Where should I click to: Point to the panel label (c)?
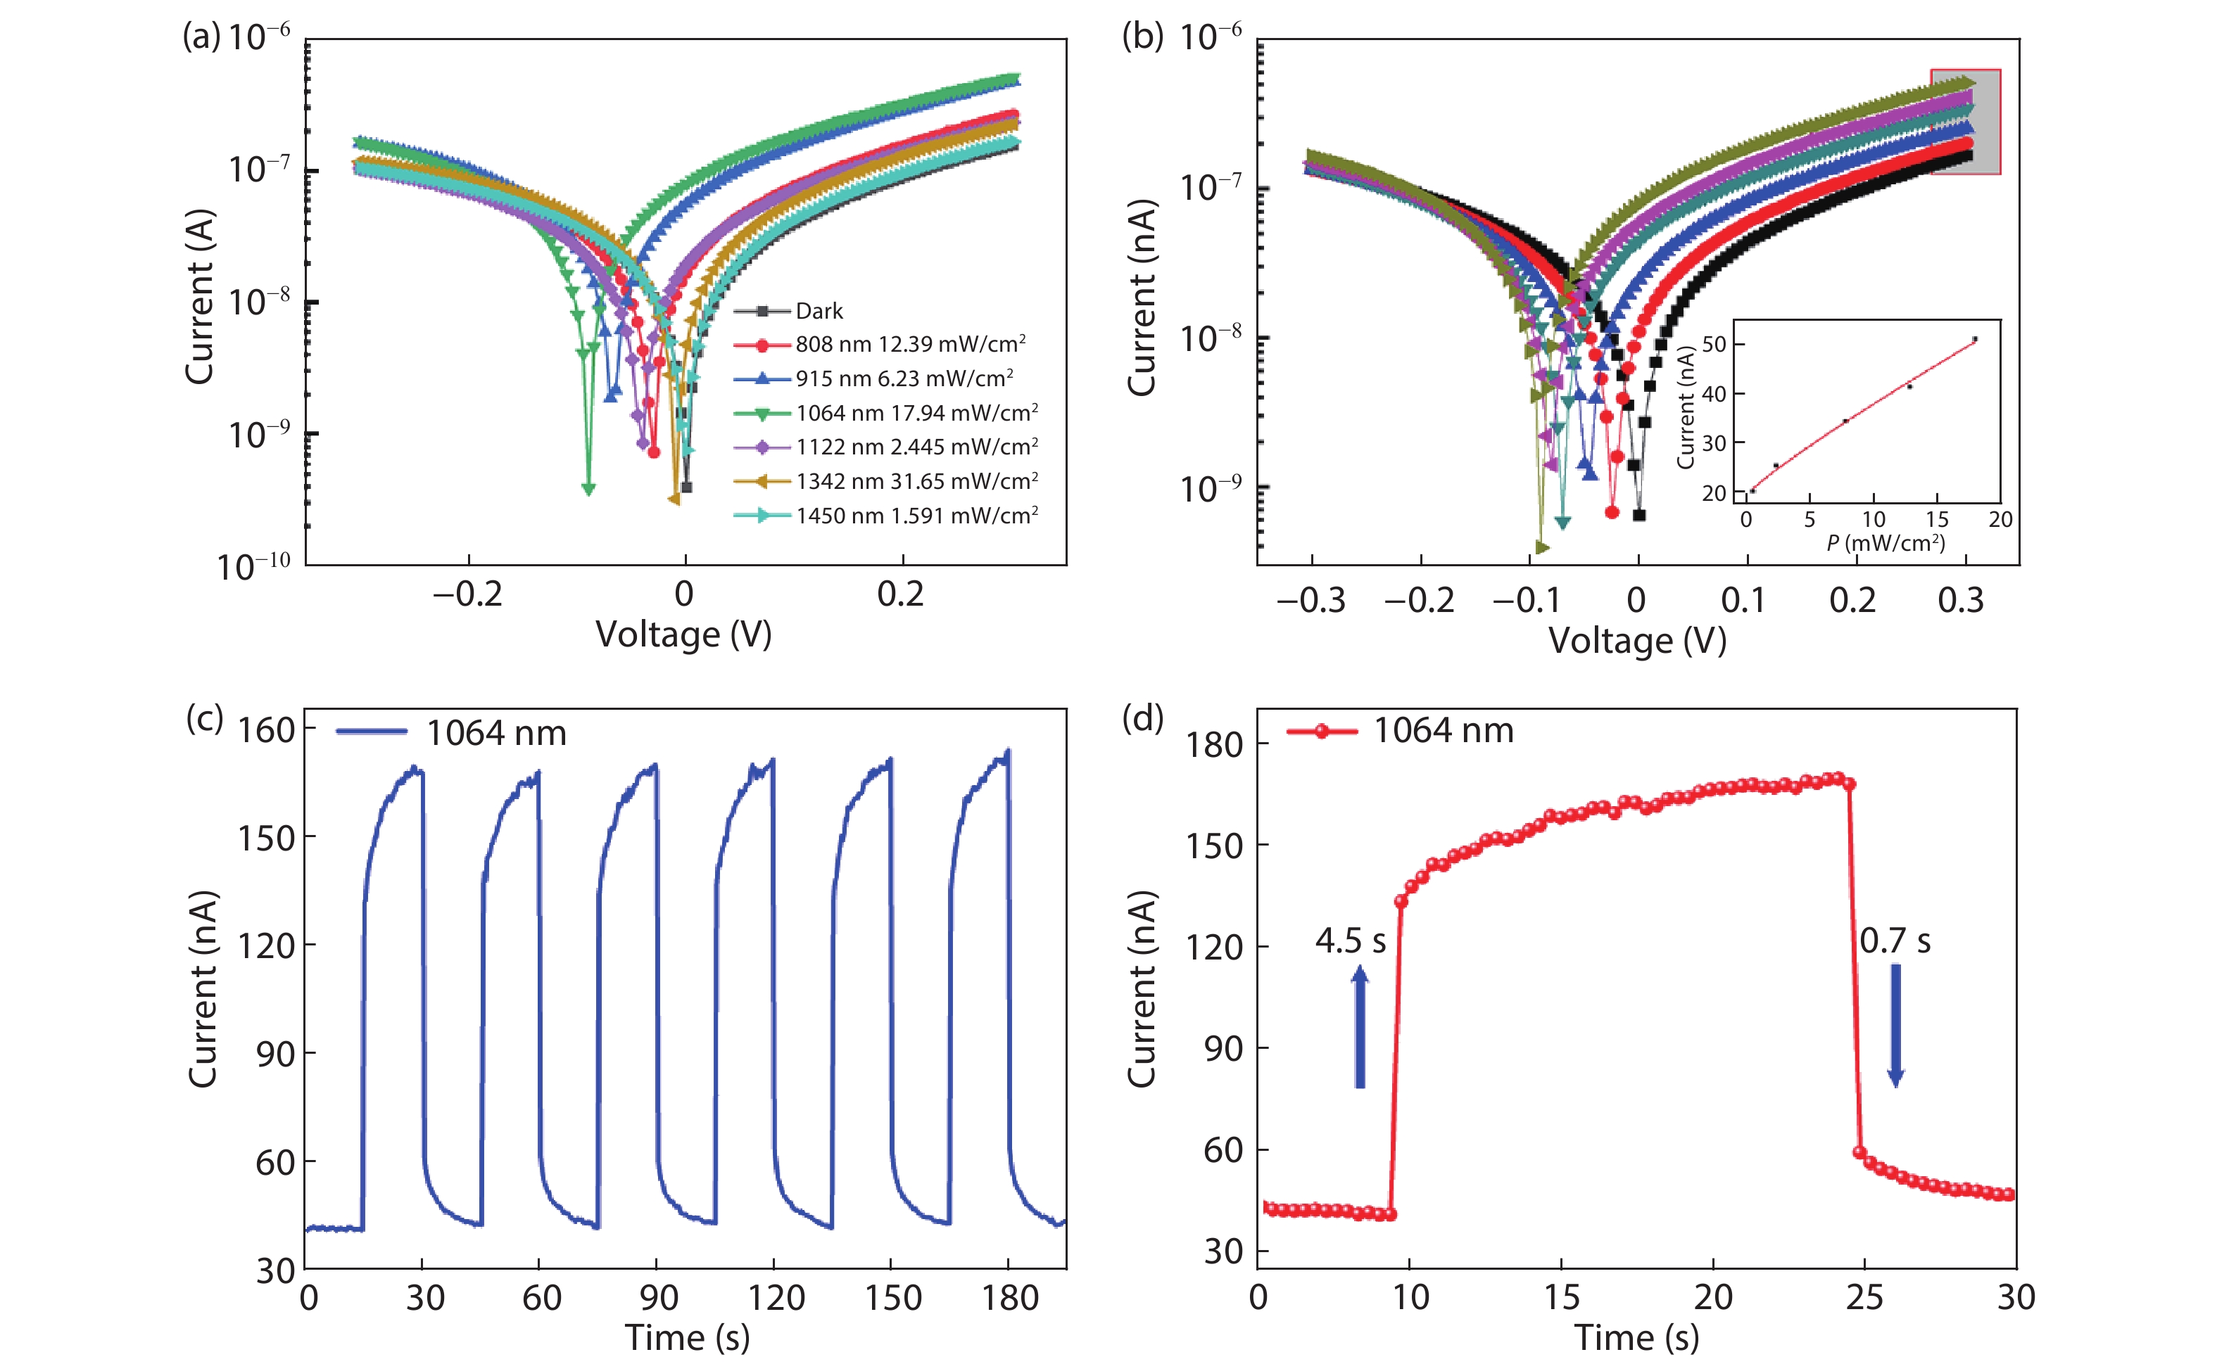click(204, 719)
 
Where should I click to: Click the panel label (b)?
click(1142, 37)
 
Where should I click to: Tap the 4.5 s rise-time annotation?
click(1350, 941)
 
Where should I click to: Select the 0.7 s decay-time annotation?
click(1895, 941)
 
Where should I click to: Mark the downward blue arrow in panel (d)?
click(1896, 1025)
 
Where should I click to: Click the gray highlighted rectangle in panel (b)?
click(1965, 122)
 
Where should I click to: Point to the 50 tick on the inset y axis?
click(1714, 345)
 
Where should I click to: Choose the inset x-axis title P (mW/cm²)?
click(1885, 543)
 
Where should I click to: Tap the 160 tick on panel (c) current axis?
click(266, 729)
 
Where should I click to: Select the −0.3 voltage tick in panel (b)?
click(1310, 600)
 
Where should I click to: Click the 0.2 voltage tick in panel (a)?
click(900, 594)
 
